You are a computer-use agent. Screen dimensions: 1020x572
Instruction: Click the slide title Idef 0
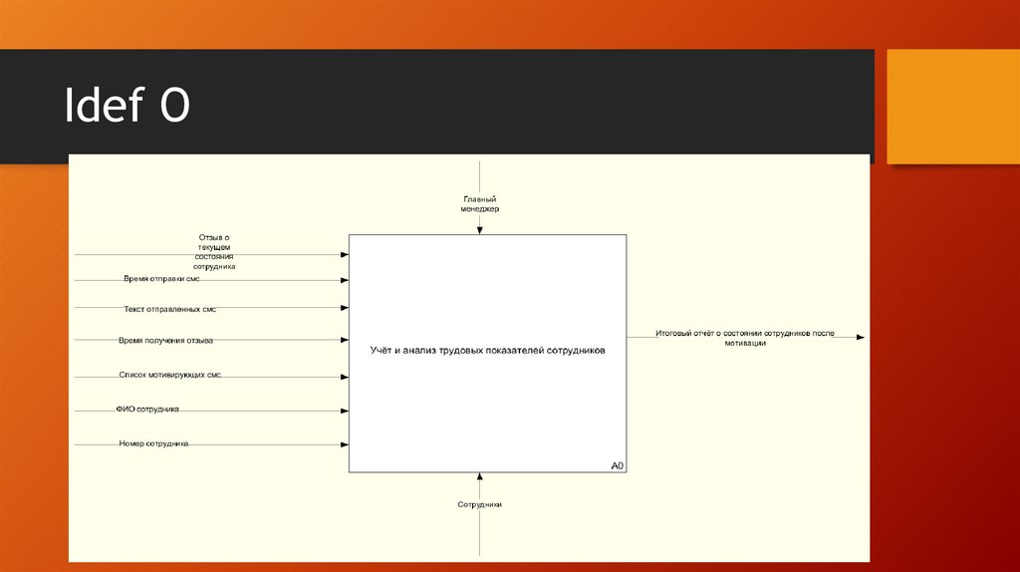tap(127, 107)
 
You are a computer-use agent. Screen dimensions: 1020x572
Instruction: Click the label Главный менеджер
tap(480, 204)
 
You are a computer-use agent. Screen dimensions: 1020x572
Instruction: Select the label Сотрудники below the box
tap(480, 504)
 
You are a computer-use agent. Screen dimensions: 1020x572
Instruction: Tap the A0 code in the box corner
tap(617, 465)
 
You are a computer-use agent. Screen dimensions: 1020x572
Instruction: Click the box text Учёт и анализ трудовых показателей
tap(487, 351)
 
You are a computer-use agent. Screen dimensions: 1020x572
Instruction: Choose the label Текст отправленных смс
tap(170, 309)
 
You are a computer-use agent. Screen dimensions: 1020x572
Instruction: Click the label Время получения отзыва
tap(165, 340)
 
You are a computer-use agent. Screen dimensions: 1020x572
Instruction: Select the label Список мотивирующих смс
tap(169, 376)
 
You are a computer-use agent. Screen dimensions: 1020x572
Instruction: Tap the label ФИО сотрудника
tap(147, 409)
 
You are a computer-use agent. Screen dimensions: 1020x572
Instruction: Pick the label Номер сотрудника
tap(153, 443)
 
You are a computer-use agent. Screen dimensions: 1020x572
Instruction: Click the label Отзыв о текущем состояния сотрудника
tap(215, 252)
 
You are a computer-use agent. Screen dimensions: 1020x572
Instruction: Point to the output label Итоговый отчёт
tap(745, 337)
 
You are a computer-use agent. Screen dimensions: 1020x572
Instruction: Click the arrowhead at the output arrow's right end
tap(861, 338)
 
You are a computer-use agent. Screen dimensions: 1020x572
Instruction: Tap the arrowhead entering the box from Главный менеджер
tap(480, 230)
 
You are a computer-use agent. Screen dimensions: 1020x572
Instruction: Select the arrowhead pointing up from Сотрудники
tap(480, 476)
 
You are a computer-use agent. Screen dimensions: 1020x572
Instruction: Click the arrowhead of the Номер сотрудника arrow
tap(345, 444)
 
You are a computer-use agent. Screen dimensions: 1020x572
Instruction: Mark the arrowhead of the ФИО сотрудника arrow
tap(345, 410)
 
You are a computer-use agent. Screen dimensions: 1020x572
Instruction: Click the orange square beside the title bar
tap(952, 106)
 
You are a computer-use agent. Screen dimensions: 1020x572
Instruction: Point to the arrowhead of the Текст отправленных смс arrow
tap(345, 308)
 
